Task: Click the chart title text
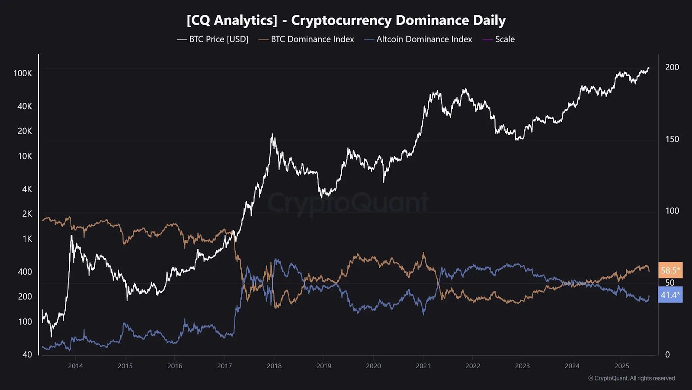[x=346, y=20]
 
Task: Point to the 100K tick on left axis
[x=22, y=73]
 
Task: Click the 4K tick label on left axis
[x=27, y=189]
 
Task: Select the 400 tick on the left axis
[x=25, y=272]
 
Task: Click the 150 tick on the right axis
[x=672, y=139]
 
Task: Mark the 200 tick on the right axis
[x=672, y=67]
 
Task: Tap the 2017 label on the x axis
[x=224, y=366]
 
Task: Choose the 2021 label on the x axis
[x=423, y=366]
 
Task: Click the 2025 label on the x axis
[x=622, y=366]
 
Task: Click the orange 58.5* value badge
[x=670, y=270]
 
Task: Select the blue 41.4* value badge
[x=670, y=295]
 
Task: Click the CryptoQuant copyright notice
[x=631, y=378]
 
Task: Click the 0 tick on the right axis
[x=667, y=354]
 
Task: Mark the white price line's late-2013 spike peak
[x=71, y=236]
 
